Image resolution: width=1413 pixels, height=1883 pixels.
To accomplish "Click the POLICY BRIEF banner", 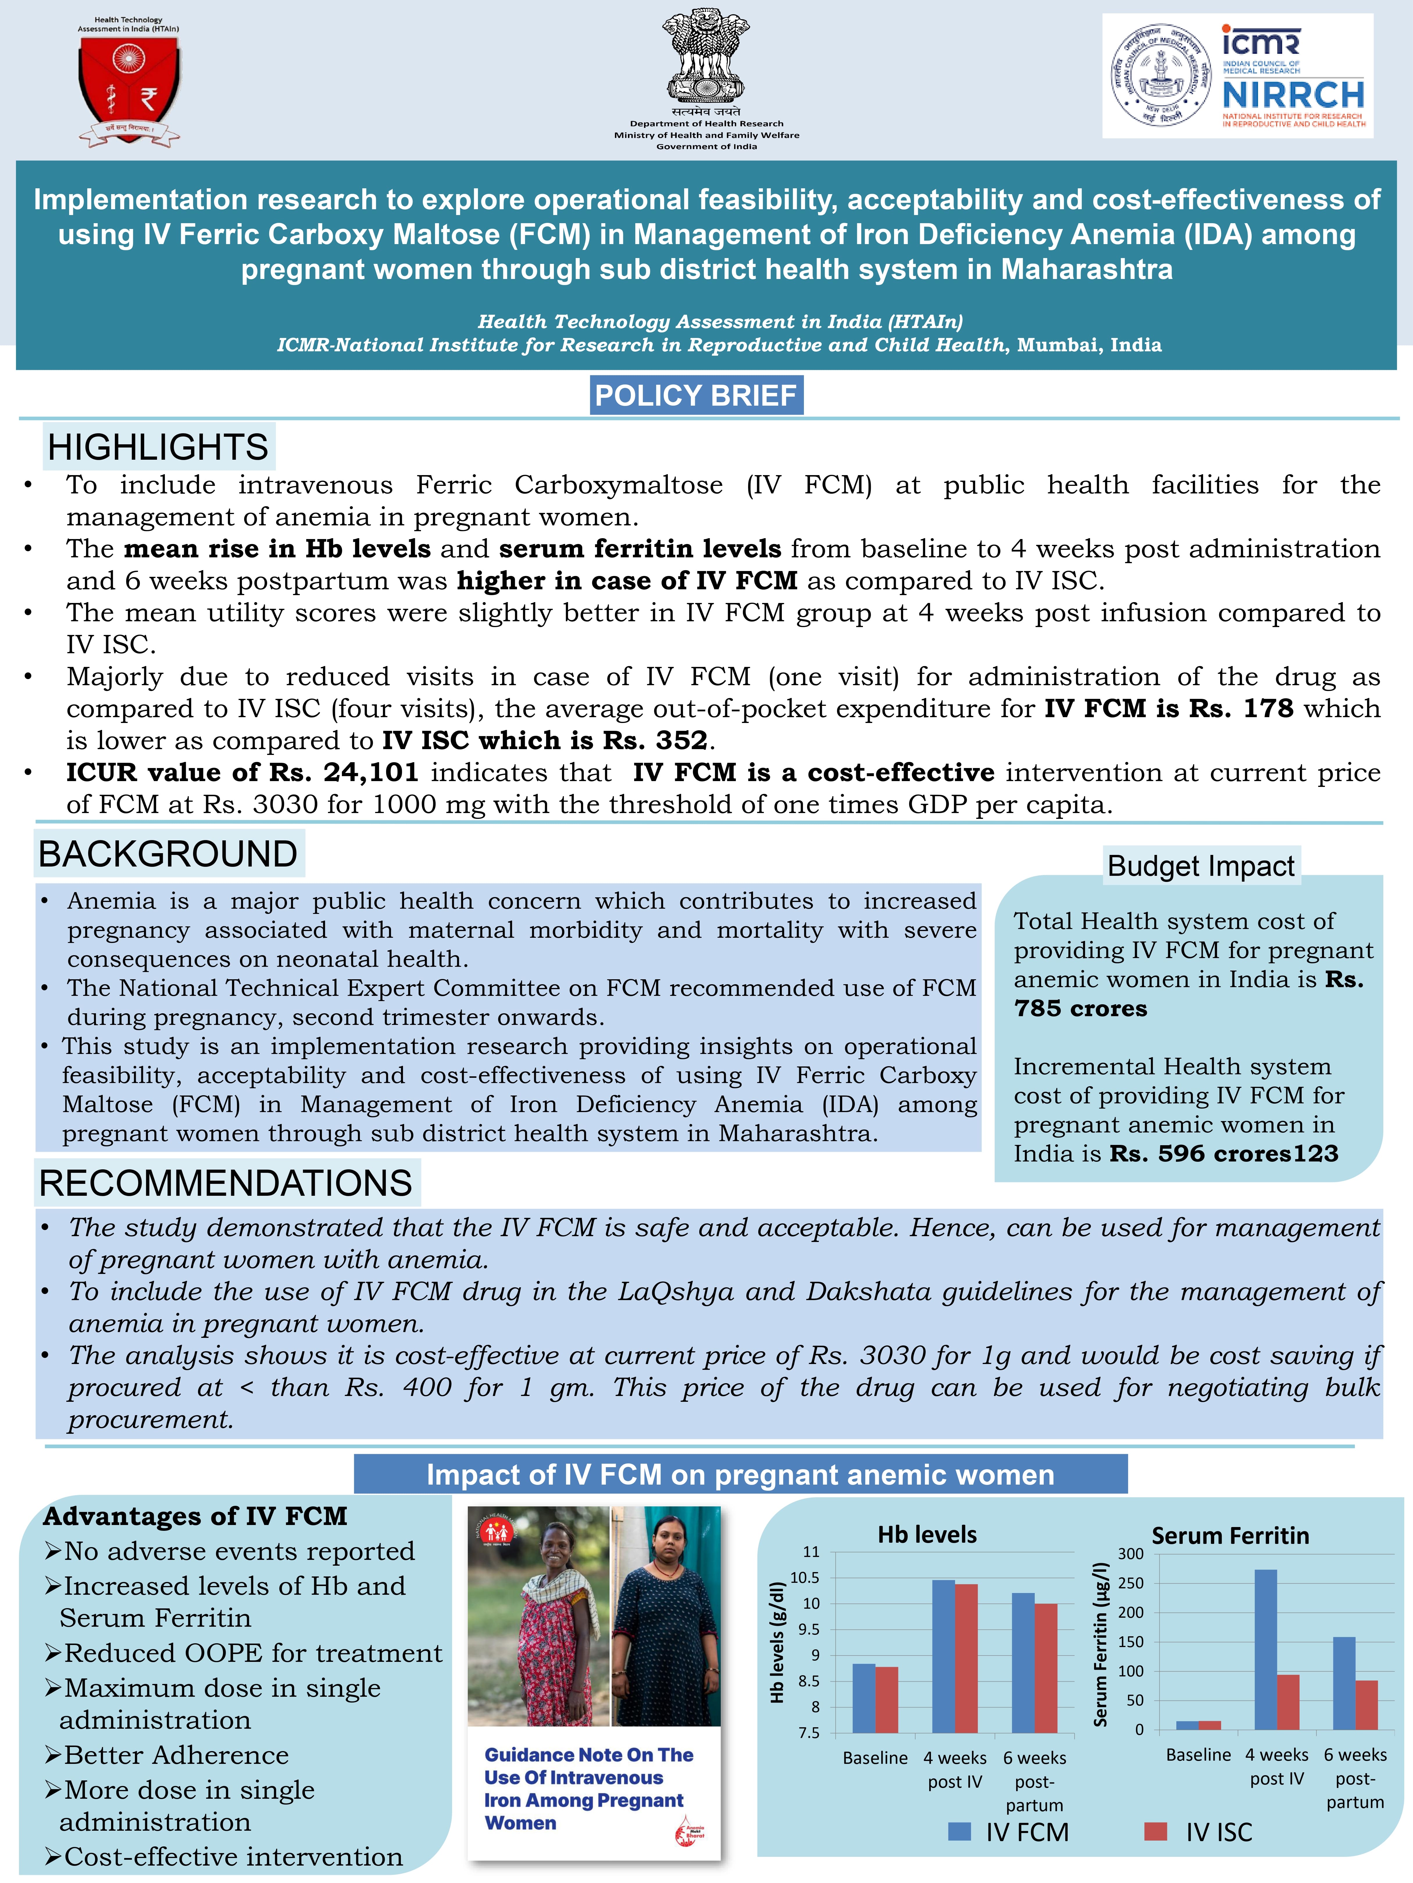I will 696,396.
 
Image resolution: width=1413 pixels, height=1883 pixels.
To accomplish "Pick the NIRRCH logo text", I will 1293,94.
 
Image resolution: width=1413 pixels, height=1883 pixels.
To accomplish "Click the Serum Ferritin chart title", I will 1230,1536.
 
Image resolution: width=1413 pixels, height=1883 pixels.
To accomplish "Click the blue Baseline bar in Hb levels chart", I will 863,1698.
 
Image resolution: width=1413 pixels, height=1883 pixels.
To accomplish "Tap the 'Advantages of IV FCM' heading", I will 195,1516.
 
